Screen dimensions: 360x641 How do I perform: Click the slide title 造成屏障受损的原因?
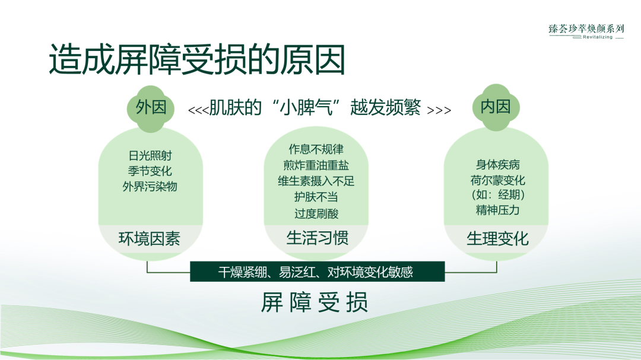pyautogui.click(x=196, y=60)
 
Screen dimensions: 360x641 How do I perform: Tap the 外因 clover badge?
pyautogui.click(x=150, y=107)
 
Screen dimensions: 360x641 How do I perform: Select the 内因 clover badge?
pyautogui.click(x=496, y=107)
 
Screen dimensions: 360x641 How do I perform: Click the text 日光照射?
pyautogui.click(x=150, y=156)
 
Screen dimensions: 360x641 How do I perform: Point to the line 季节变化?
pyautogui.click(x=150, y=171)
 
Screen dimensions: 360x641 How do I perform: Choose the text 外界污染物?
pyautogui.click(x=150, y=186)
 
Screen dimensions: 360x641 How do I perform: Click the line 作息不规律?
pyautogui.click(x=316, y=149)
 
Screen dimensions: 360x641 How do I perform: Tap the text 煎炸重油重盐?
pyautogui.click(x=316, y=165)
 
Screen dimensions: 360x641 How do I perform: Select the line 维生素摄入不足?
pyautogui.click(x=316, y=181)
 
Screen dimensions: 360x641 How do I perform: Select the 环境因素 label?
pyautogui.click(x=150, y=239)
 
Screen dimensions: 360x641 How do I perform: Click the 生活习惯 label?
pyautogui.click(x=317, y=238)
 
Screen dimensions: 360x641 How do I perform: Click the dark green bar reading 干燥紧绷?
pyautogui.click(x=316, y=272)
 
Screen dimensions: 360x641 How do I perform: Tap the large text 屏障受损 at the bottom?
pyautogui.click(x=315, y=302)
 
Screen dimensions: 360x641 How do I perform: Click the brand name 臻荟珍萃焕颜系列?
pyautogui.click(x=586, y=28)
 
